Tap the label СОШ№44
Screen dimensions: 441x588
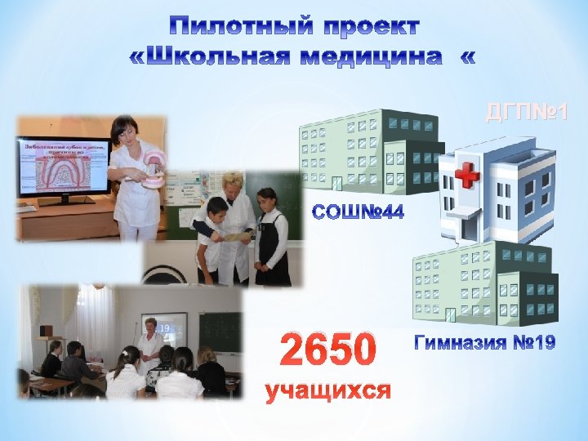(359, 213)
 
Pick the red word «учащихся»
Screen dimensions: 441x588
(328, 392)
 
